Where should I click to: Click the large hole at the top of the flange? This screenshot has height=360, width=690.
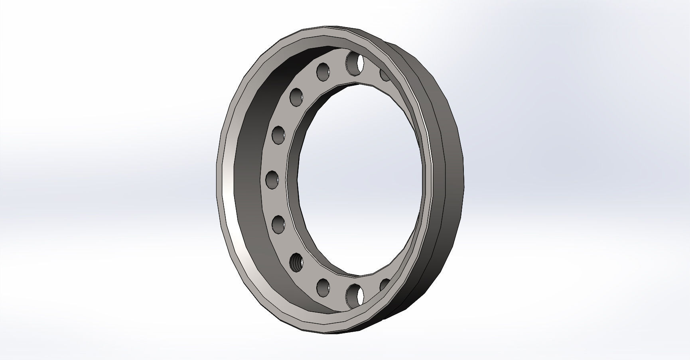pyautogui.click(x=353, y=63)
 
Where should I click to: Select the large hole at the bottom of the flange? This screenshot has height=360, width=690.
pyautogui.click(x=354, y=294)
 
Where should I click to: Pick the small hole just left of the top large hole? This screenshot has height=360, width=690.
pyautogui.click(x=323, y=72)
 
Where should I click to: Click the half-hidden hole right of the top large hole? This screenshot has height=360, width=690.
pyautogui.click(x=385, y=75)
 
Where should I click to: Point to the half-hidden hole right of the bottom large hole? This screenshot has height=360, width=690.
pyautogui.click(x=385, y=284)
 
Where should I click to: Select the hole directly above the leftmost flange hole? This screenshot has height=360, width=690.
pyautogui.click(x=278, y=134)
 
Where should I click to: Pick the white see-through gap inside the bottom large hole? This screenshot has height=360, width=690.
pyautogui.click(x=361, y=295)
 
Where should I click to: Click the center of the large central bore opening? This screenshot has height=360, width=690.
pyautogui.click(x=359, y=179)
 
